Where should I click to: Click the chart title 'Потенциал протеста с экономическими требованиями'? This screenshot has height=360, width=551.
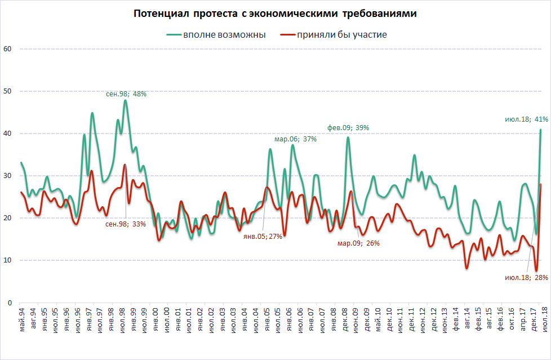click(275, 14)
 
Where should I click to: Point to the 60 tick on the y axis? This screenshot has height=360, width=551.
click(7, 49)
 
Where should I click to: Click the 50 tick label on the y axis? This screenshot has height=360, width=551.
click(7, 91)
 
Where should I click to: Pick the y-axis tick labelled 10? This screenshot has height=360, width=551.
click(7, 260)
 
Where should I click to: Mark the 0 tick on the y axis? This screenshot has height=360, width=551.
click(10, 303)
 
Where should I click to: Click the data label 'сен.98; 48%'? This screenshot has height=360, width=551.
click(126, 94)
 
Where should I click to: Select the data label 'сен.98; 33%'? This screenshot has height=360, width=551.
click(126, 224)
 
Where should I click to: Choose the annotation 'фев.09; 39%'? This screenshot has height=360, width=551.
click(348, 128)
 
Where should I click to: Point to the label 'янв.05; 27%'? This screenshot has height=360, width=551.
click(262, 236)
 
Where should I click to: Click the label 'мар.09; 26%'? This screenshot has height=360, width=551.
click(359, 243)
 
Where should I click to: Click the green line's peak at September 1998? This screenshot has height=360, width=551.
click(125, 100)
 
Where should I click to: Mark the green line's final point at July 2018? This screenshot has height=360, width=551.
click(541, 130)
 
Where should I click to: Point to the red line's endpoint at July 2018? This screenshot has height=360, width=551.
click(541, 184)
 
